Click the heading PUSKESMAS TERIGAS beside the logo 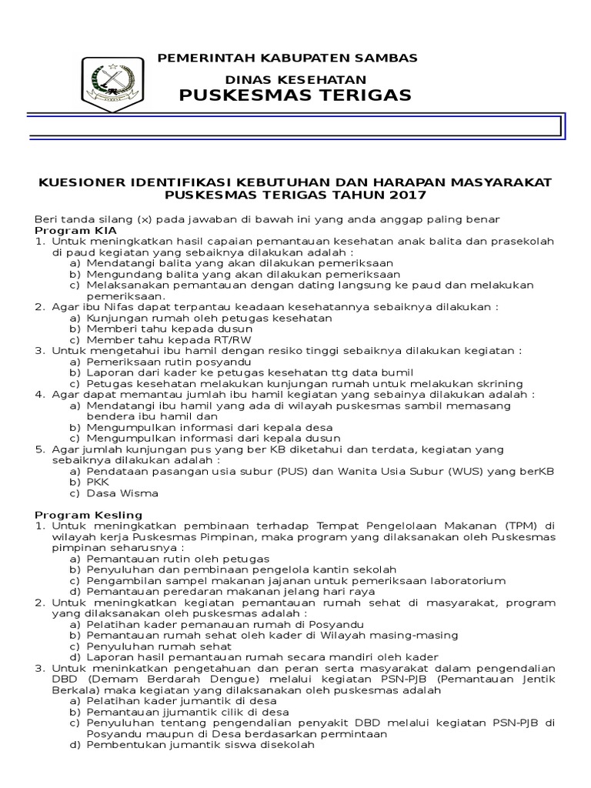click(295, 95)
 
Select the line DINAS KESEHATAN click(295, 79)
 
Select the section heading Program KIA click(68, 230)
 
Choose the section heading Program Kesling click(78, 514)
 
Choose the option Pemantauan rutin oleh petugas click(177, 558)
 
